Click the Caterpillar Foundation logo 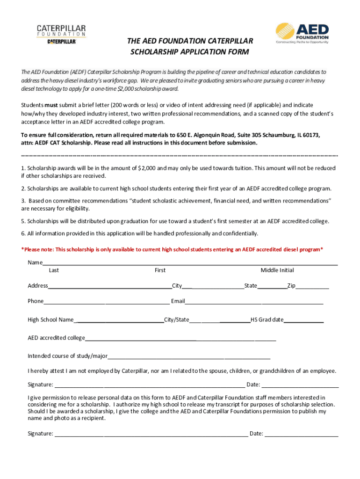[61, 35]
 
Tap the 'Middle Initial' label [277, 270]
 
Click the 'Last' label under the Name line [54, 270]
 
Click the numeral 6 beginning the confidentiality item [23, 233]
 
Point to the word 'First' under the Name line [160, 270]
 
